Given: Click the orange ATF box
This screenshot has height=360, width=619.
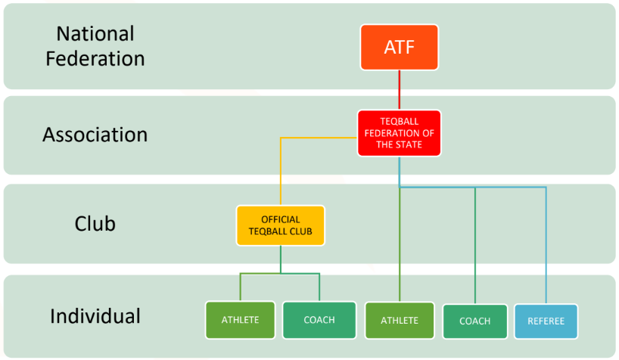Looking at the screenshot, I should point(399,48).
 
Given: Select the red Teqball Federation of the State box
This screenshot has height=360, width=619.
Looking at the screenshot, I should point(399,133).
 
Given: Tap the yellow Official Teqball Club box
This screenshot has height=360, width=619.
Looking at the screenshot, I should point(280,225).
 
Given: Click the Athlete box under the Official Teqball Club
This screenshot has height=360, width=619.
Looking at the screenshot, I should point(240,320).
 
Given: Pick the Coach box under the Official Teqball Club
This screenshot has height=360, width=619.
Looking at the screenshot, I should point(319,320).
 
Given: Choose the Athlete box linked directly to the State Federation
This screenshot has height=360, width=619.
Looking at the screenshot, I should point(399,321).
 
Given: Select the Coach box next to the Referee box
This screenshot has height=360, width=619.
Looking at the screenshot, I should point(474,321).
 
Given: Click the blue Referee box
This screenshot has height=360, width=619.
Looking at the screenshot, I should point(546,321).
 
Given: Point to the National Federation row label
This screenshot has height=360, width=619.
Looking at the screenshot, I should point(95,45).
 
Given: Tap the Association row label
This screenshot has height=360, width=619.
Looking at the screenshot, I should point(95,135).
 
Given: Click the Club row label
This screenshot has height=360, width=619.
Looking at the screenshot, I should point(95,224).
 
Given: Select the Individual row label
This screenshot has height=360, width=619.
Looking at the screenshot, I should point(95,315).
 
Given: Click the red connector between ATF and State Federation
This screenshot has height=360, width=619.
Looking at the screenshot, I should point(399,91).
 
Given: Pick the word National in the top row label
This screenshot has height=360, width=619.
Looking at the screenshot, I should point(95,34).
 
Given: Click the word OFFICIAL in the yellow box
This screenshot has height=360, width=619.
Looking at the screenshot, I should point(280,219).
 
